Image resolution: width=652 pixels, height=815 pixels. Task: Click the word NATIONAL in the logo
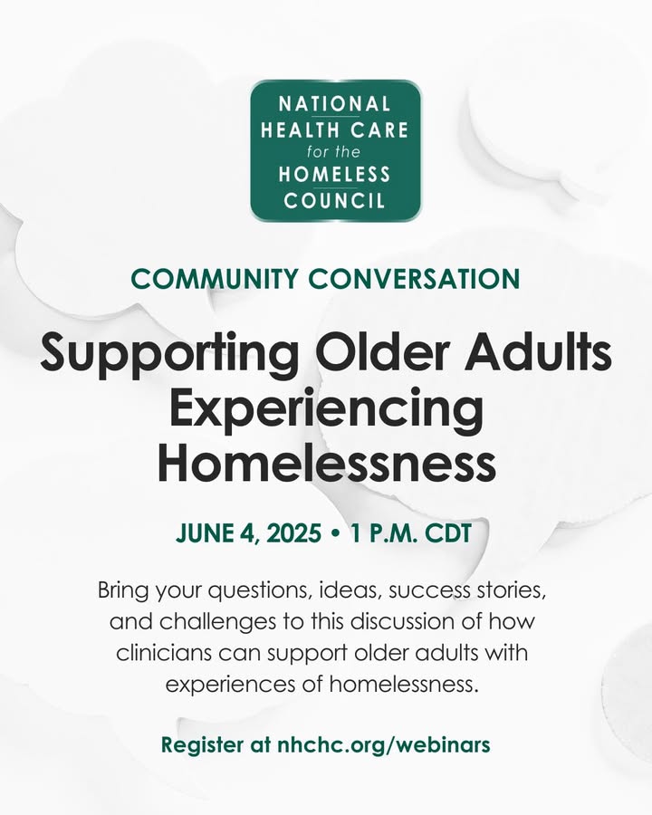(x=334, y=104)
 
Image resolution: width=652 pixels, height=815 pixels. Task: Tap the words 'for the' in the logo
(x=333, y=152)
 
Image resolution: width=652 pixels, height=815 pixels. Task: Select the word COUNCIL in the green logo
(x=334, y=200)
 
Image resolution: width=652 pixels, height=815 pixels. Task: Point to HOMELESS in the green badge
(x=334, y=174)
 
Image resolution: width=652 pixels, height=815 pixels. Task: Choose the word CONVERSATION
(x=415, y=279)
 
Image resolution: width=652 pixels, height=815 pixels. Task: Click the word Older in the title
(x=384, y=352)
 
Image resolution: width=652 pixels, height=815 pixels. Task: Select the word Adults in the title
(x=538, y=352)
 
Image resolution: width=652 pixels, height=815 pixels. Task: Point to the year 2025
(x=293, y=533)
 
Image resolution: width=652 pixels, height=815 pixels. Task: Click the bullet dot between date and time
(x=335, y=533)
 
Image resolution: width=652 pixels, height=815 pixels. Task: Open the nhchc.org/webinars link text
(x=384, y=744)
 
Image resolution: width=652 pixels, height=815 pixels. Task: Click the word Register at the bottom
(x=202, y=745)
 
